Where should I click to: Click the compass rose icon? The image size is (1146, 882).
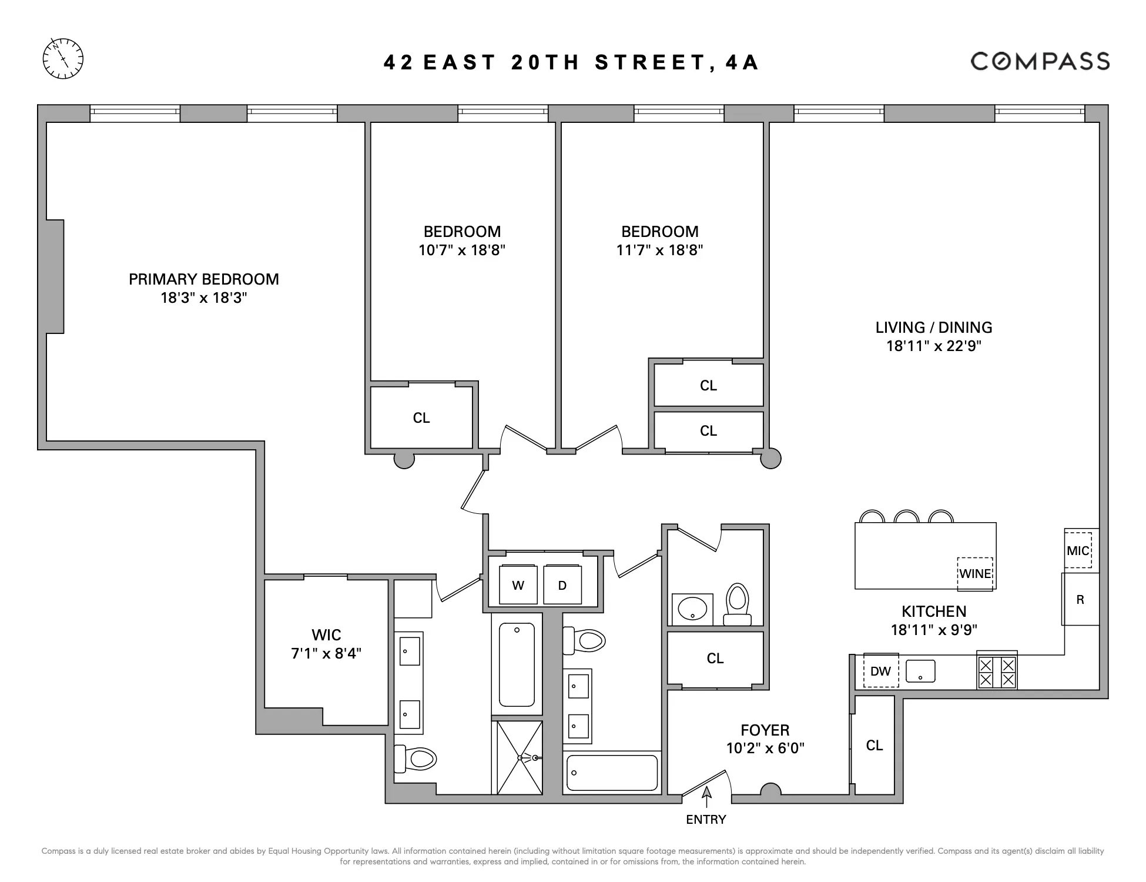(x=63, y=59)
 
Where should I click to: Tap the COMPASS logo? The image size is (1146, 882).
(x=1040, y=61)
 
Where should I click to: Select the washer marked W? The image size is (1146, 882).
(x=518, y=584)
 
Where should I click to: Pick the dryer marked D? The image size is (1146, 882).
(x=562, y=584)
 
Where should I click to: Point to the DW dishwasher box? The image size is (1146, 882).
(x=880, y=670)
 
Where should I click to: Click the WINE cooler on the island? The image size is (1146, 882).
(x=975, y=574)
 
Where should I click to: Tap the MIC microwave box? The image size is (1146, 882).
(x=1078, y=550)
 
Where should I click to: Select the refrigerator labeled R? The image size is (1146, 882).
(x=1080, y=599)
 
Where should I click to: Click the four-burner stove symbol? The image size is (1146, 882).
(x=997, y=671)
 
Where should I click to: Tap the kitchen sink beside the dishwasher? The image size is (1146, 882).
(x=920, y=671)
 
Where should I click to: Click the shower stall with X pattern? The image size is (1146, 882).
(x=520, y=757)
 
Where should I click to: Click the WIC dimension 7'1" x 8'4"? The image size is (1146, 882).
(x=326, y=653)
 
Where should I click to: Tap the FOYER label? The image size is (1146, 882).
(x=765, y=730)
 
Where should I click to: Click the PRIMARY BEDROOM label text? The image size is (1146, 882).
(x=203, y=279)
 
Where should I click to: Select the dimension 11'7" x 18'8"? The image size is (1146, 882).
(x=659, y=250)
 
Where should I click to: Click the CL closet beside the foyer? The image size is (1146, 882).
(x=874, y=745)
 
